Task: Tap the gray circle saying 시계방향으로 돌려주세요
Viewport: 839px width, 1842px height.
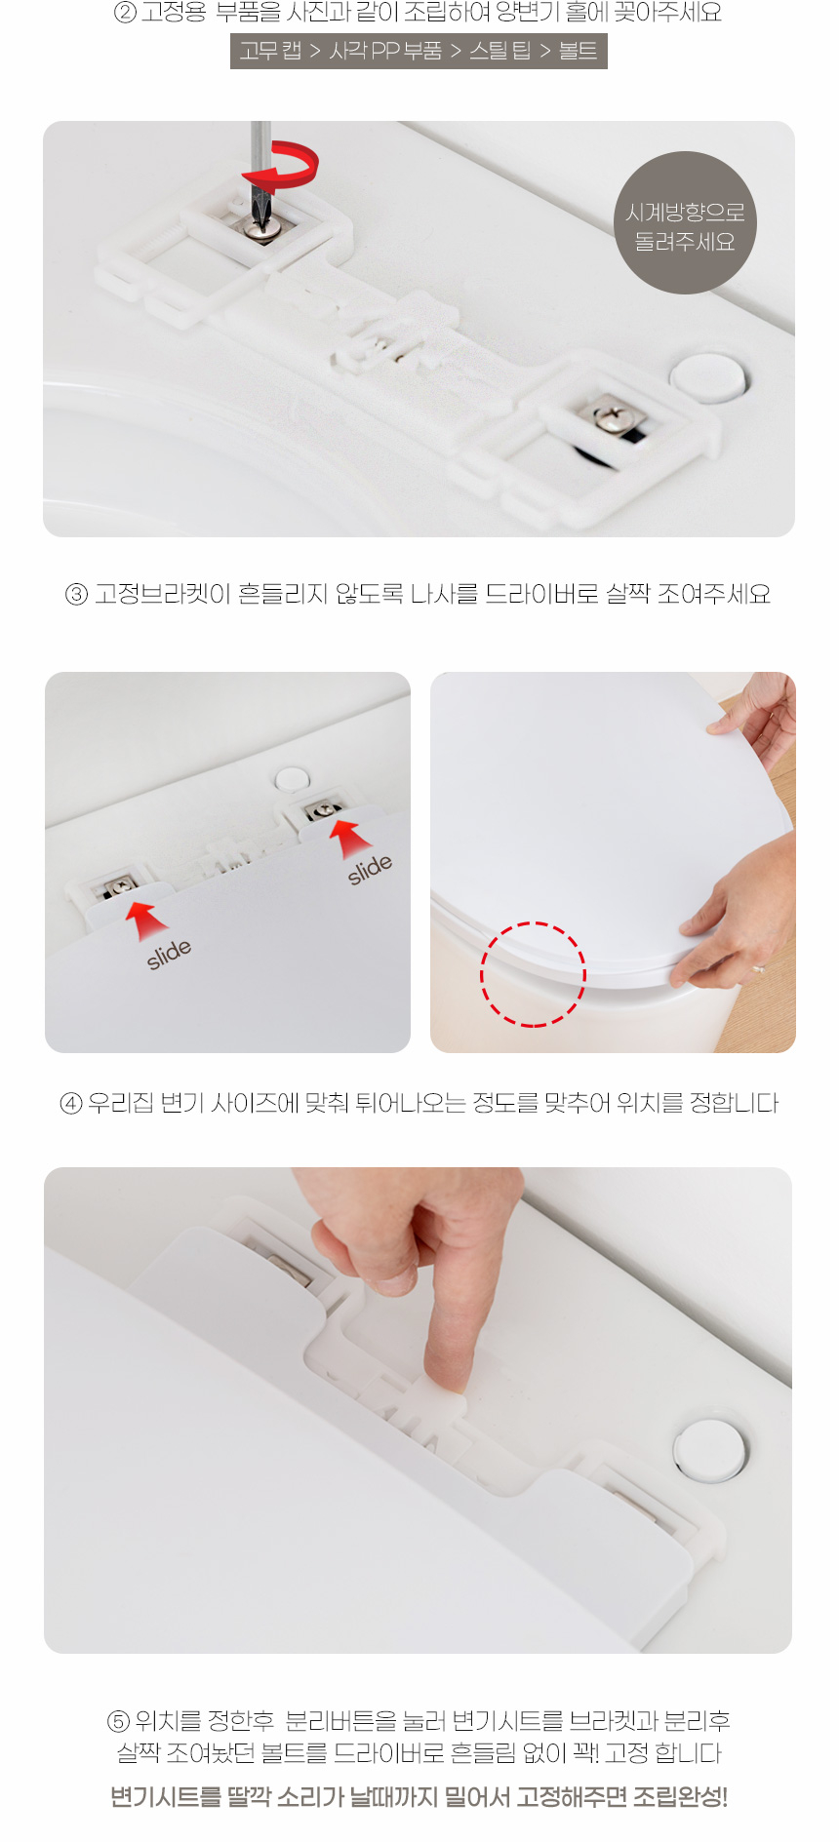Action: coord(685,223)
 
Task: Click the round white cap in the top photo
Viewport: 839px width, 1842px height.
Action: coord(708,377)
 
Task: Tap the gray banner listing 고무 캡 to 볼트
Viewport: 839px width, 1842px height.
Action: coord(419,51)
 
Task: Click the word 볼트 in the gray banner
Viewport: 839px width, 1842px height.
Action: coord(578,51)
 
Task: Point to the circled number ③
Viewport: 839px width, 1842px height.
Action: coord(76,594)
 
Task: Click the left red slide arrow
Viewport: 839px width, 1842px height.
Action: coord(145,919)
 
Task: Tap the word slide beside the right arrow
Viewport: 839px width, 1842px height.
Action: coord(370,868)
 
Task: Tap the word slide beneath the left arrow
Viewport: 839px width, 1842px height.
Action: coord(169,954)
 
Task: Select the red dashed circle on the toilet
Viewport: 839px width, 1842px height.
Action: coord(533,974)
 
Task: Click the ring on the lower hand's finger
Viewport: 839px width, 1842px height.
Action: coord(758,969)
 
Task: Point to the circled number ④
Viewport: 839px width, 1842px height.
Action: coord(71,1104)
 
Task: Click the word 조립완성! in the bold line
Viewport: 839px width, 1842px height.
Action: coord(680,1796)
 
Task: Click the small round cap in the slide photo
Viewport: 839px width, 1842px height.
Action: coord(291,779)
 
